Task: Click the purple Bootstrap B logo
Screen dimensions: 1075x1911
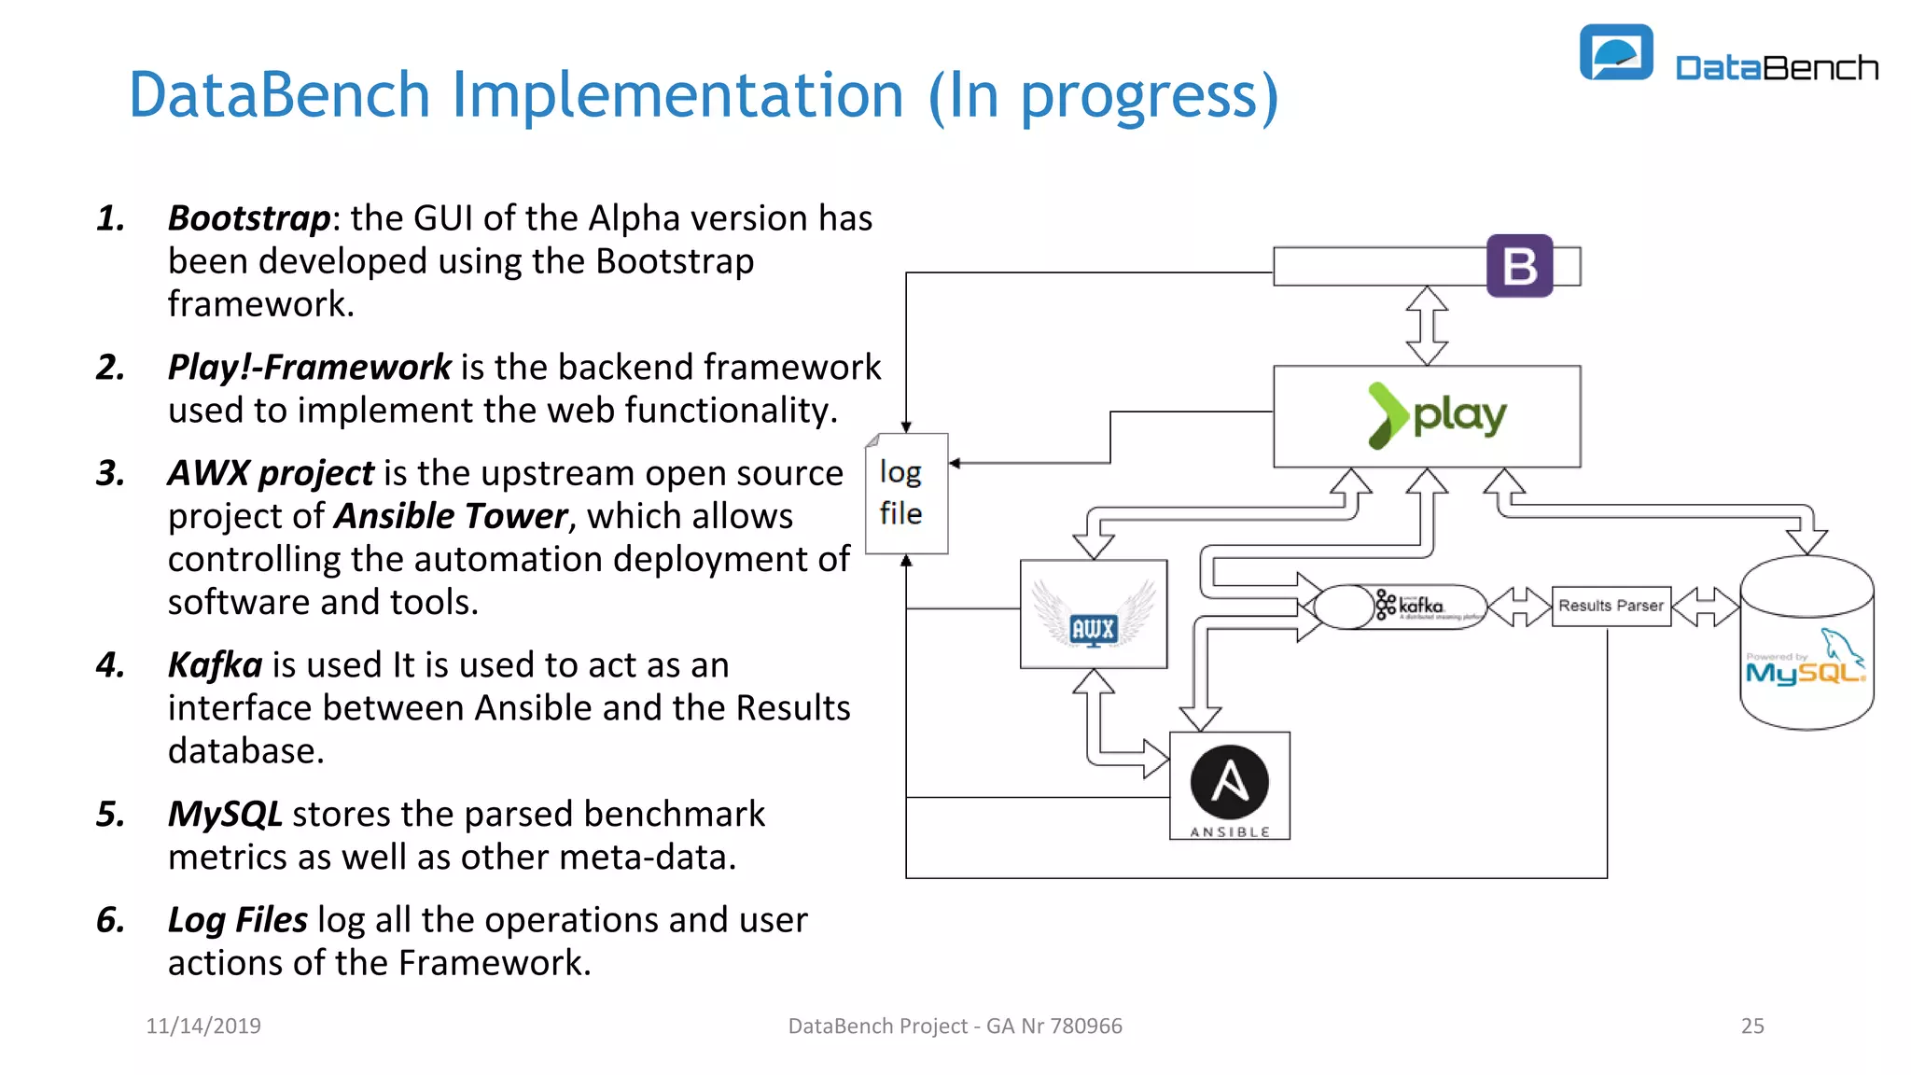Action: coord(1519,266)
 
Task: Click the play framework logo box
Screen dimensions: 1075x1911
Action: coord(1426,416)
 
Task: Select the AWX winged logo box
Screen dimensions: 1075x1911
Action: coord(1093,614)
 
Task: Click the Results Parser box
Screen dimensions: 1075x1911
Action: coord(1611,606)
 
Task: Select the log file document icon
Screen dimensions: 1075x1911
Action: coord(905,494)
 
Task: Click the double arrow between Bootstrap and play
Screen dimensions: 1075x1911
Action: coord(1427,325)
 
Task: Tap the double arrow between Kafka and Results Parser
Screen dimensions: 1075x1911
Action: coord(1519,607)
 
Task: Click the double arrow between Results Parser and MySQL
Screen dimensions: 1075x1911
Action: coord(1705,607)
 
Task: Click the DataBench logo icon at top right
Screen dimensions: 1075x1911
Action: coord(1615,53)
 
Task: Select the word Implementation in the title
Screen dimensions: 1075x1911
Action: coord(678,95)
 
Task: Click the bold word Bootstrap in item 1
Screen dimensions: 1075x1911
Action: coord(248,218)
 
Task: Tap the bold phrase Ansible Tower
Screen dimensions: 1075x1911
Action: coord(451,516)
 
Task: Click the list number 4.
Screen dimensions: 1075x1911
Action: coord(110,665)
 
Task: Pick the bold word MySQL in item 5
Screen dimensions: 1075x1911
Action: coord(225,814)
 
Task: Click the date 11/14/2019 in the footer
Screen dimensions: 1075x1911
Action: coord(203,1026)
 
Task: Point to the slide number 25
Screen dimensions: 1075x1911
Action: coord(1751,1026)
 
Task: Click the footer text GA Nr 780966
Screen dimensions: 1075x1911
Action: coord(1053,1026)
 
